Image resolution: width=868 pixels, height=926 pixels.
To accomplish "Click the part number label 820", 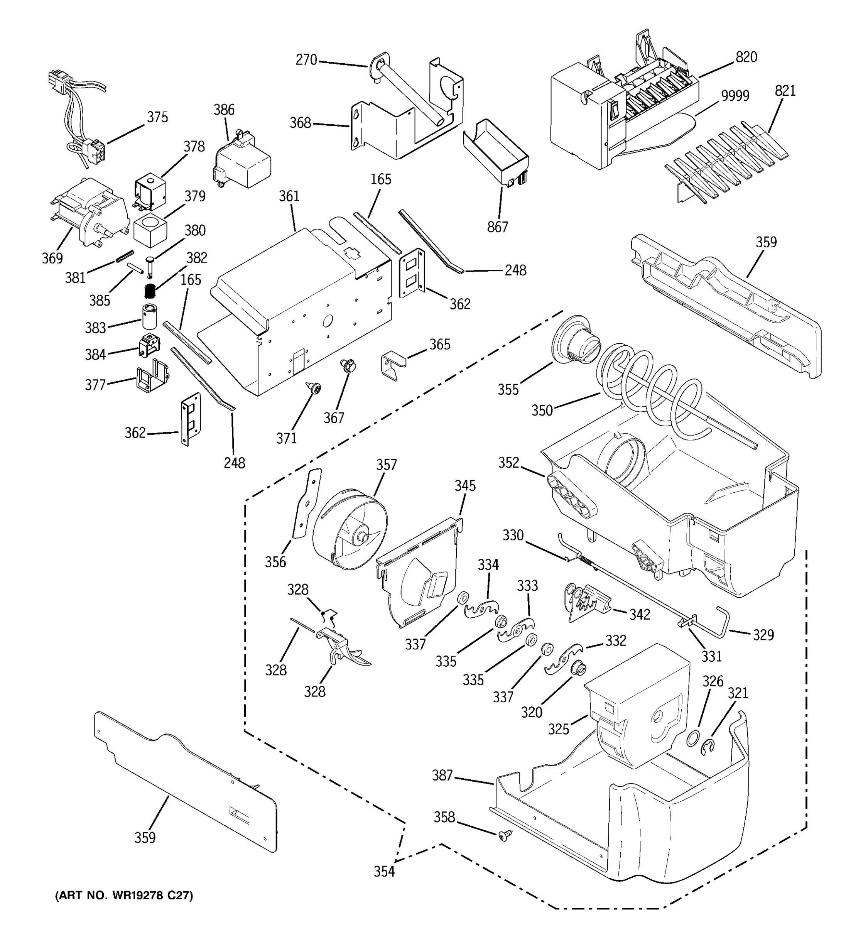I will click(x=746, y=57).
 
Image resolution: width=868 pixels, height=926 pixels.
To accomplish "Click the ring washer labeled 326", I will click(x=693, y=738).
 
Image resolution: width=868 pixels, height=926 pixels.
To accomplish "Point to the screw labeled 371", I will click(x=313, y=387).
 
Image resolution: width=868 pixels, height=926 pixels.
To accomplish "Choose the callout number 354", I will click(x=384, y=871).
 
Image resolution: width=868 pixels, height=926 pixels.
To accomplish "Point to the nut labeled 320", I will click(x=579, y=669).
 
